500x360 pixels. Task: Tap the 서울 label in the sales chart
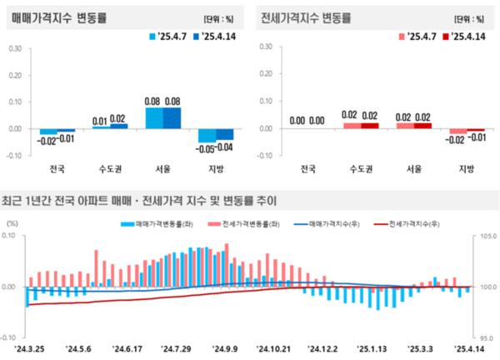[x=162, y=168]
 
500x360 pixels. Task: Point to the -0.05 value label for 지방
[x=207, y=147]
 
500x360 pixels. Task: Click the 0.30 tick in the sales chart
[x=16, y=48]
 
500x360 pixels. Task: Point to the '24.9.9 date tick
[x=225, y=349]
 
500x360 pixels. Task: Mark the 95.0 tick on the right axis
[x=487, y=337]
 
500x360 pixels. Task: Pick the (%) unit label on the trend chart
[x=12, y=223]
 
